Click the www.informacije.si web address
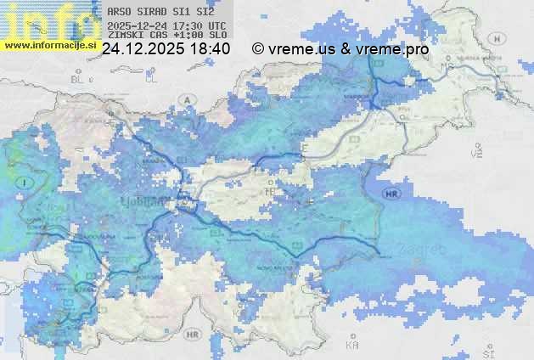click(x=49, y=45)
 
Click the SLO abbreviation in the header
click(x=217, y=36)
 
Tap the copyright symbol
click(x=258, y=49)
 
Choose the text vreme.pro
click(x=393, y=49)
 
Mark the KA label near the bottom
click(x=352, y=346)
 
